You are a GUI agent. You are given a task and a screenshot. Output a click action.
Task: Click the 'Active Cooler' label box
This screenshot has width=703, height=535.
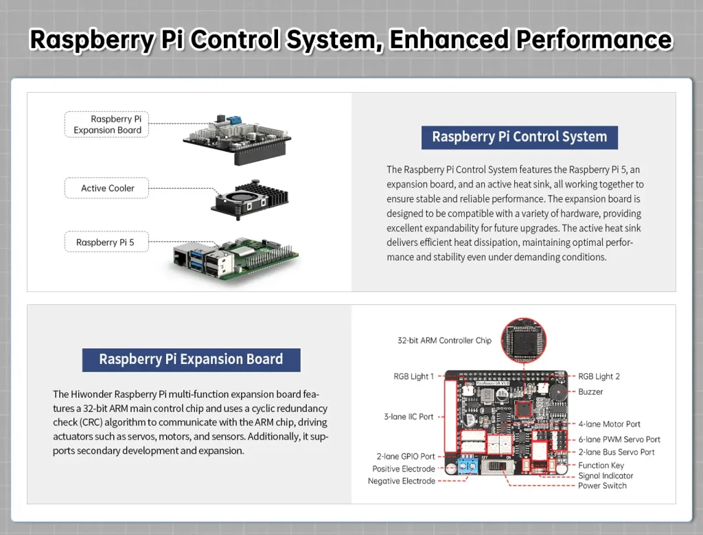(x=107, y=188)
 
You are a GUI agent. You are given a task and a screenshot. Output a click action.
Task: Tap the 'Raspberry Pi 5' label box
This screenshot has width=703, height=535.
(x=105, y=242)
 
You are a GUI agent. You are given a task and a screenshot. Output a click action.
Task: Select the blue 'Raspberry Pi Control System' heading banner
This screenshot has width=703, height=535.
(x=519, y=137)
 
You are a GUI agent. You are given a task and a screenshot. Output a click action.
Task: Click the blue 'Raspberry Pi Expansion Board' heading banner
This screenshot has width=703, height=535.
(x=191, y=359)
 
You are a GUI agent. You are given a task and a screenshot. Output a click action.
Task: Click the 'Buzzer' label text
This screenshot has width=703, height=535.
(x=590, y=391)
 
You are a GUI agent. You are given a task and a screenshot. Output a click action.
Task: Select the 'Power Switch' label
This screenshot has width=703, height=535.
(x=602, y=486)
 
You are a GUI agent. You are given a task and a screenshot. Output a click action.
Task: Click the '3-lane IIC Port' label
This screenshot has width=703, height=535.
(x=408, y=416)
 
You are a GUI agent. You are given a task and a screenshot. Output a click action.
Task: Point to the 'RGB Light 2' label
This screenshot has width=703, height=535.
(x=599, y=376)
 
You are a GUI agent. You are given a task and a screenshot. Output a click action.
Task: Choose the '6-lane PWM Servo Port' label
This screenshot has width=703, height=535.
(x=619, y=440)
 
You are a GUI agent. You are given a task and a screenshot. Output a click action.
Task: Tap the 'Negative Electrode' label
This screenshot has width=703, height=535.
(x=401, y=481)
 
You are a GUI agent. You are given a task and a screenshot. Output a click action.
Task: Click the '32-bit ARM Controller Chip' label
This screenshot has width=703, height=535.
(x=444, y=340)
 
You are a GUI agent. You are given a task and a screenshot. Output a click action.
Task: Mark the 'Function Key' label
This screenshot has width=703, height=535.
(x=601, y=465)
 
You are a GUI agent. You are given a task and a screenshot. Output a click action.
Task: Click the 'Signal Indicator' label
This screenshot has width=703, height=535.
(x=606, y=475)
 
